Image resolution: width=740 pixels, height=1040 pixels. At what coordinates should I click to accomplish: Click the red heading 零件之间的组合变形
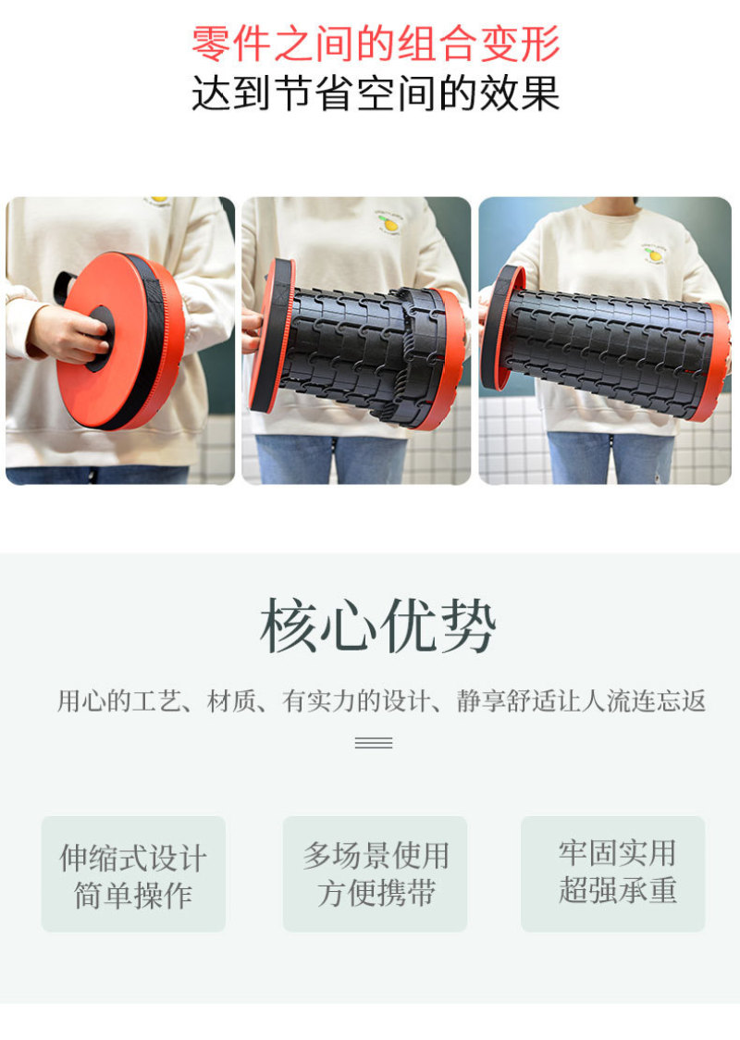pos(376,43)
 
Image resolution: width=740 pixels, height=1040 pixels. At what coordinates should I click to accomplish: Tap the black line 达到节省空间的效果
pos(376,93)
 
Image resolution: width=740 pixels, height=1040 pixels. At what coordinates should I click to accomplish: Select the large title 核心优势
pos(377,626)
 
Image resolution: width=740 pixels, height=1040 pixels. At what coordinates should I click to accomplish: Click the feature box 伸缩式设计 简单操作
pos(133,874)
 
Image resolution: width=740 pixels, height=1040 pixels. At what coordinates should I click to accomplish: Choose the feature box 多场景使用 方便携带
pos(376,874)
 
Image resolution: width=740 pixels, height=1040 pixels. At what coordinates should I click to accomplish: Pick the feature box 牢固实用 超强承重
pos(613,874)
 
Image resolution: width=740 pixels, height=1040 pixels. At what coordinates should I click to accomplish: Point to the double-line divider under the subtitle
pos(374,743)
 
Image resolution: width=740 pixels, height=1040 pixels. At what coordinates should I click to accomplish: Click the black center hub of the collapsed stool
pos(100,339)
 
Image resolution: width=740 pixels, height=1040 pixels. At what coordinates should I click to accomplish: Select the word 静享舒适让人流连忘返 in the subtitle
pos(581,701)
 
